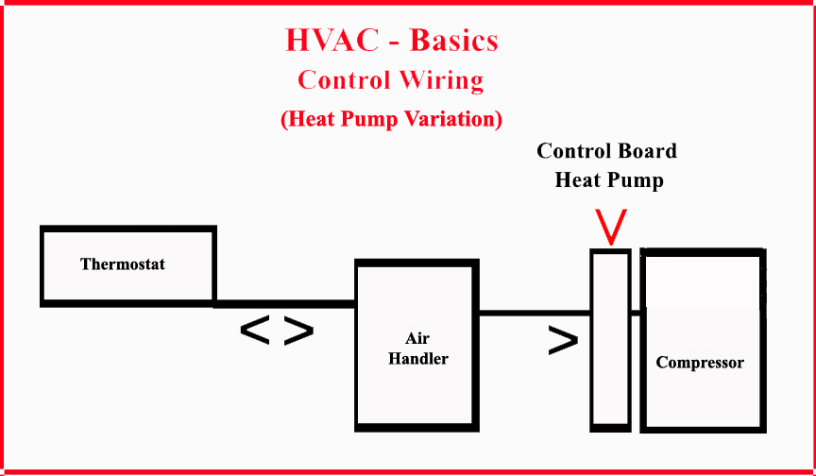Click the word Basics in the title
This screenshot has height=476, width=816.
(453, 41)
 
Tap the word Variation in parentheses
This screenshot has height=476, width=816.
(448, 120)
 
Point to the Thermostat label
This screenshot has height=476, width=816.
(123, 264)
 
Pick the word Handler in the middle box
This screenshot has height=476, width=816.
(417, 359)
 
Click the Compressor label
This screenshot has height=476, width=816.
(700, 363)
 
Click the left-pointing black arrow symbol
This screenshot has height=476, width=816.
(255, 331)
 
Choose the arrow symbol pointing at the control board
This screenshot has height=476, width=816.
(563, 342)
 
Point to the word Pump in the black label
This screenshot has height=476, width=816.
(638, 179)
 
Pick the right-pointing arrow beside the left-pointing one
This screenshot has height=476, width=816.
(298, 331)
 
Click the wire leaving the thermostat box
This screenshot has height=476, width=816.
(283, 304)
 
